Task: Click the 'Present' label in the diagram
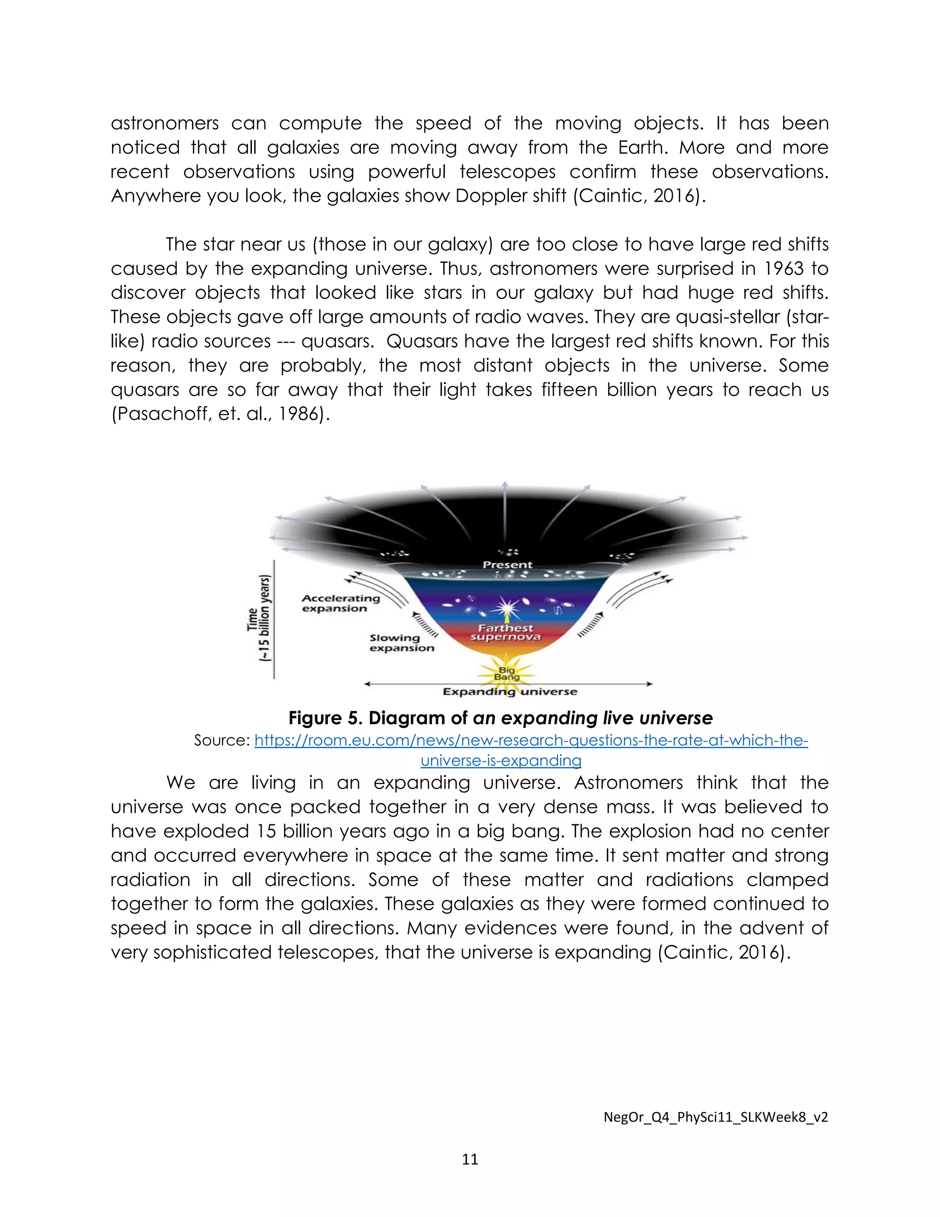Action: [507, 564]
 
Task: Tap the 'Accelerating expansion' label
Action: [340, 603]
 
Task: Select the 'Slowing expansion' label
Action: [401, 642]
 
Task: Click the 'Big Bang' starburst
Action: [507, 673]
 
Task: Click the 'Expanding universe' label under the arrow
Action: [509, 692]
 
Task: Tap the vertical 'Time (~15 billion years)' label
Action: [259, 619]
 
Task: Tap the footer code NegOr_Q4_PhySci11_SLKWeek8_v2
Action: [716, 1117]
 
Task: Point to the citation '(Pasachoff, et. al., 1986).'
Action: [220, 413]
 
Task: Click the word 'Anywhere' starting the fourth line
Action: [156, 196]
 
